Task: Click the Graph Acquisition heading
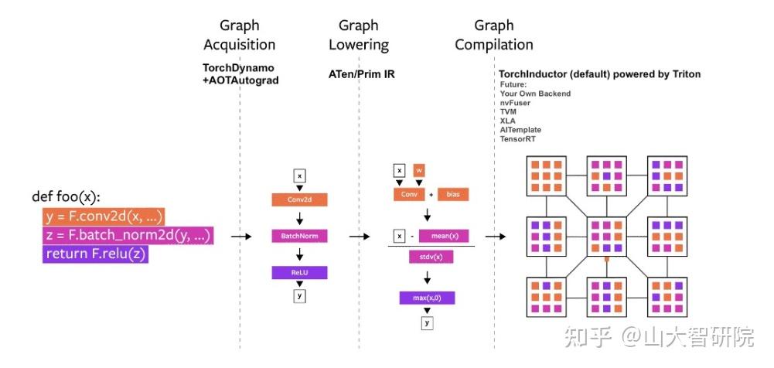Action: click(240, 35)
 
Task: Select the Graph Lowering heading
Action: click(359, 35)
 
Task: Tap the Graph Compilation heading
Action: click(493, 35)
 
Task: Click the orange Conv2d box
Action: click(299, 200)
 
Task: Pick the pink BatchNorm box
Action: click(299, 236)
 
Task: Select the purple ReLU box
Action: click(299, 272)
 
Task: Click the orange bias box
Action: click(453, 194)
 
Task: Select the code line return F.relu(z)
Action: click(95, 254)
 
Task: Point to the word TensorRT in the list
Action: click(518, 138)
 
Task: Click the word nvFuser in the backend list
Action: click(517, 102)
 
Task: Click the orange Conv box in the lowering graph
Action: click(409, 194)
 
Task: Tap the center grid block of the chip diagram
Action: click(607, 237)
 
